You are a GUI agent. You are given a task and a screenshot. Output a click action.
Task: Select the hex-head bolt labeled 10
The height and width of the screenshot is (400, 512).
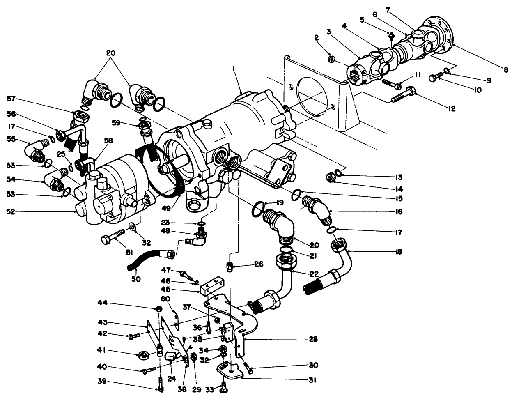[435, 77]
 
